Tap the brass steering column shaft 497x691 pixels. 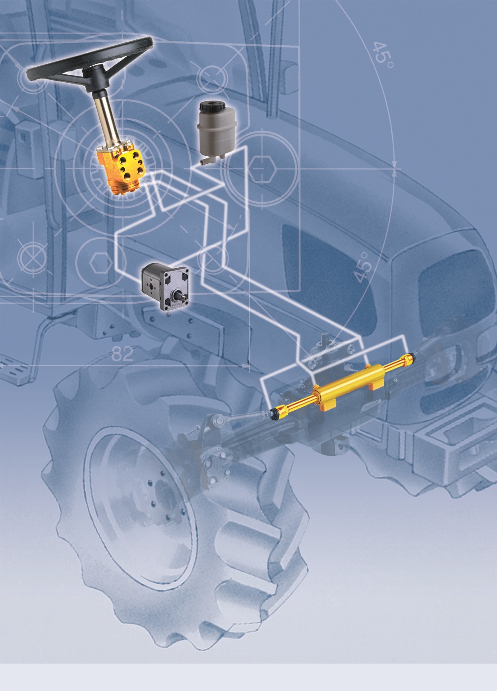[x=104, y=119]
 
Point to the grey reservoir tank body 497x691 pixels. [x=213, y=133]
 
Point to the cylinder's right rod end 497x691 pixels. [x=410, y=358]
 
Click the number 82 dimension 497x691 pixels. [x=123, y=354]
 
